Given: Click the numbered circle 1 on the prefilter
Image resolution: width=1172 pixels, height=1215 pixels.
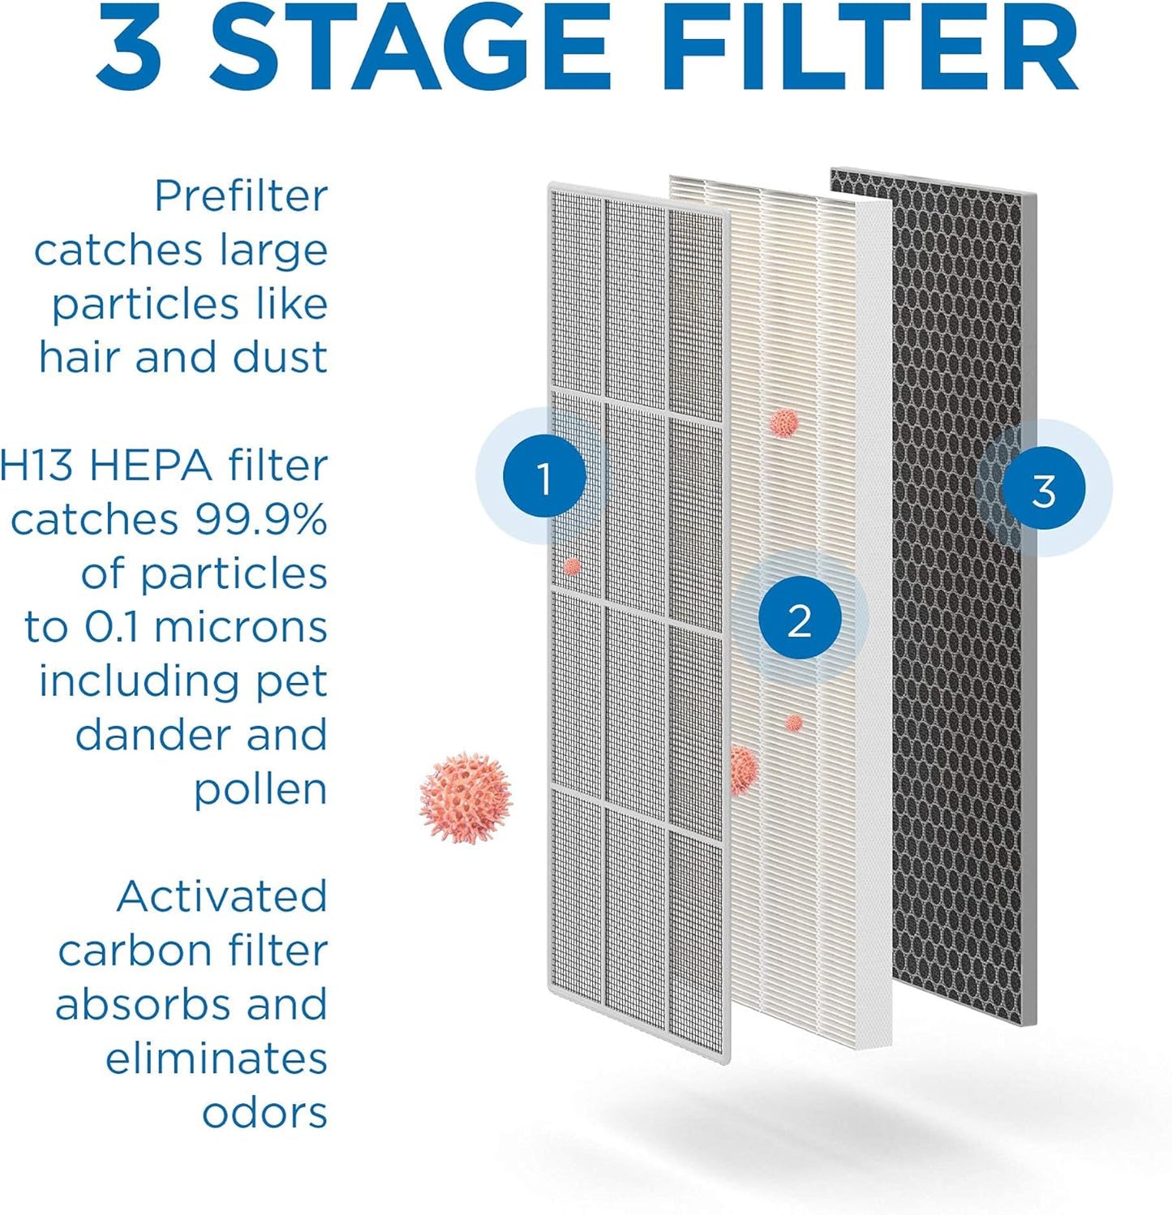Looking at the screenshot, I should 544,476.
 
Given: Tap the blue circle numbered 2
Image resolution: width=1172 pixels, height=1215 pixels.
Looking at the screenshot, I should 799,620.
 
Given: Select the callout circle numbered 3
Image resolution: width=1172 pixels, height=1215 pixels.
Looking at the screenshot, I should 1043,488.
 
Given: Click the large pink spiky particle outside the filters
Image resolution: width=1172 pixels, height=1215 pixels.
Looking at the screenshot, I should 466,796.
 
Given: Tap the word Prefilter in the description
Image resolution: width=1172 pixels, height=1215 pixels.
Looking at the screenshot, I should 241,196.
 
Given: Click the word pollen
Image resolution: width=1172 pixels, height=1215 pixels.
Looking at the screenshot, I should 260,789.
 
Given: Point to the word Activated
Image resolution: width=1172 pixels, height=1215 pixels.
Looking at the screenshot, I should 221,897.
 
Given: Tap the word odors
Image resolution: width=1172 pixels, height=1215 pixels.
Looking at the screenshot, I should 264,1113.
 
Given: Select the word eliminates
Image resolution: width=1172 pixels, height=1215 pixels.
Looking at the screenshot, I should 216,1058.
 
